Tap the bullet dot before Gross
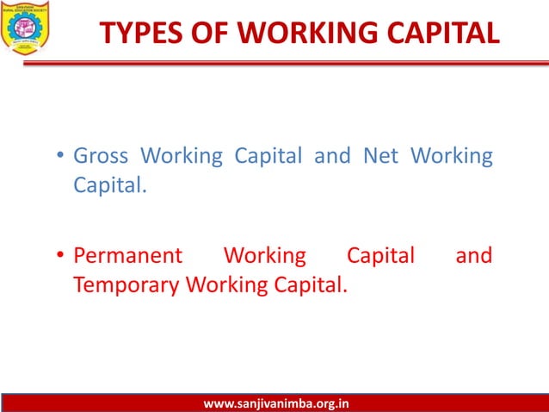coord(61,158)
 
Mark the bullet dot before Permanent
coord(61,257)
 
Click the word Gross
coord(102,156)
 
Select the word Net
coord(380,156)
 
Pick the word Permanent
coord(128,256)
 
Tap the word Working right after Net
coord(452,157)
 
